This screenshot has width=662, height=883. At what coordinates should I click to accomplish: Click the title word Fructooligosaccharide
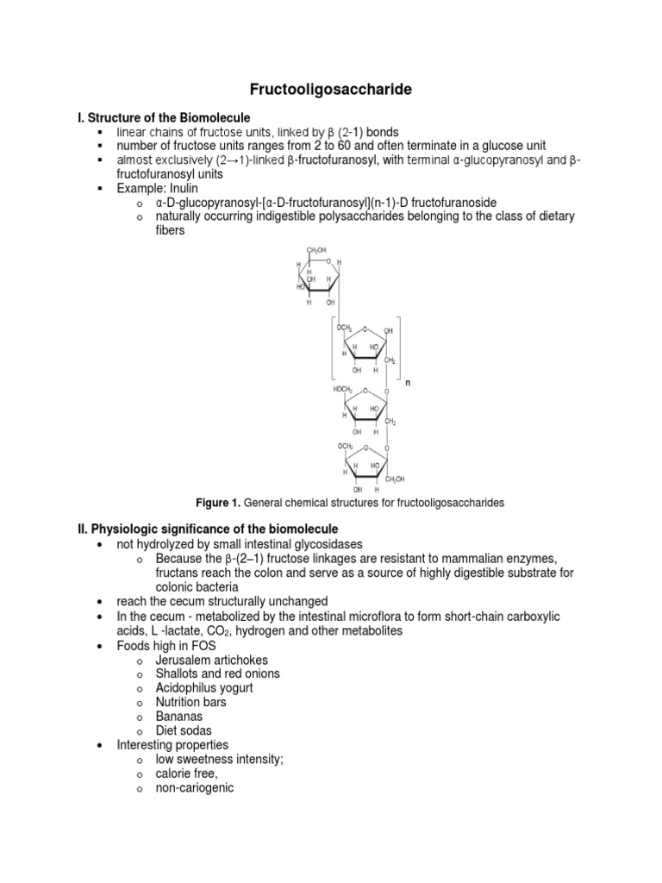click(x=330, y=90)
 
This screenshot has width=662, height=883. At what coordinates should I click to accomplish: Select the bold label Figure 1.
click(x=218, y=503)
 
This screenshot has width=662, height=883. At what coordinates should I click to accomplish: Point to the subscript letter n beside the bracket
click(x=408, y=383)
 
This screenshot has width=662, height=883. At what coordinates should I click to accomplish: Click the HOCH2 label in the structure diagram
click(x=343, y=389)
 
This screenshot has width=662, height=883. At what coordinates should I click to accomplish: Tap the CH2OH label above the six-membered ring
click(x=316, y=249)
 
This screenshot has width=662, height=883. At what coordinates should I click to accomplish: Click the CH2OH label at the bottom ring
click(x=395, y=479)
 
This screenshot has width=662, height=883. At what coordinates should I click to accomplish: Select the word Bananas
click(x=179, y=717)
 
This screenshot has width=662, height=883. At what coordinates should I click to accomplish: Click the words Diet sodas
click(x=184, y=730)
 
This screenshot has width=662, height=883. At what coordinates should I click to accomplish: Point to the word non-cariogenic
click(x=195, y=788)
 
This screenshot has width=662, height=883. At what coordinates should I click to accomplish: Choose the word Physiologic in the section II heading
click(x=124, y=529)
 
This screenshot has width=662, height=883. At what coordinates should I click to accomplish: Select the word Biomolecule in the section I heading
click(x=215, y=117)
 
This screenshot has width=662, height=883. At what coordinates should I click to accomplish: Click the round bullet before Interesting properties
click(x=100, y=746)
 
